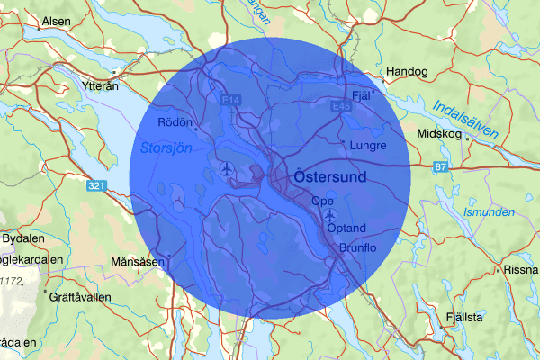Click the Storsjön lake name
click(166, 147)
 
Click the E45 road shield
click(339, 106)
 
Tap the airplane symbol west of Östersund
click(225, 168)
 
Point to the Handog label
click(407, 71)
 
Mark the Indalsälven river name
click(464, 119)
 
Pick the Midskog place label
click(439, 134)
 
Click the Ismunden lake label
click(489, 213)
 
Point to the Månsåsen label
click(138, 261)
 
